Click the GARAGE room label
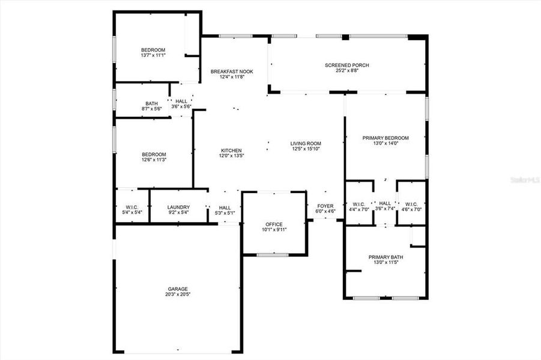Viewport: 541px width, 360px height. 178,289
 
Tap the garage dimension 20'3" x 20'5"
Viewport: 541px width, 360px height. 178,295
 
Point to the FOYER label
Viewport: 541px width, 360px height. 325,206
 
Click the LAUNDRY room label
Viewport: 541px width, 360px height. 178,207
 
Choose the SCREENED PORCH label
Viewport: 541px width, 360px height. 346,65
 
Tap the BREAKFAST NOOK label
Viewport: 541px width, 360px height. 231,71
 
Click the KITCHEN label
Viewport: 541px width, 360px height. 231,150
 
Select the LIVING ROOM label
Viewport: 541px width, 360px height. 306,143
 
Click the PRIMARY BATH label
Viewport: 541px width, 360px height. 385,257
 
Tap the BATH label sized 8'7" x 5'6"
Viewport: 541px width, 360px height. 151,103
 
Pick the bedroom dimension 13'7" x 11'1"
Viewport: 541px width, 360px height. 153,55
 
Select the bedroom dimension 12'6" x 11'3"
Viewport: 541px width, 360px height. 154,160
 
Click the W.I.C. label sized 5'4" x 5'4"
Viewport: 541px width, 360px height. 132,207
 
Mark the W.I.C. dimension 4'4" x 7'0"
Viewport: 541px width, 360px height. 360,209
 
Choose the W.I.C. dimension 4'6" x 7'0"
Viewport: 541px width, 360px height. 411,209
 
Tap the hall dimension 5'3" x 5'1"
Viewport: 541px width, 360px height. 225,212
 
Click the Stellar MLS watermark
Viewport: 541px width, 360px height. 524,179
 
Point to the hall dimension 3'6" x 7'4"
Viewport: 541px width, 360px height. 385,209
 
